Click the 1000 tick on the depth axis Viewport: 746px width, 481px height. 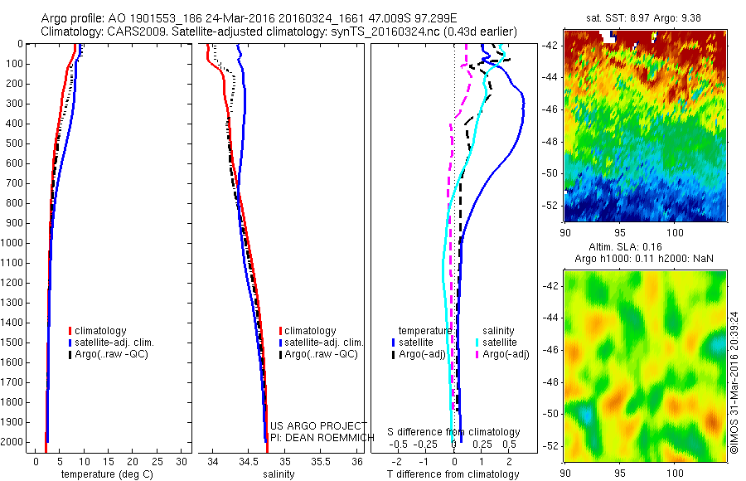click(14, 243)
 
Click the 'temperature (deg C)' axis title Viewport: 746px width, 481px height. click(104, 474)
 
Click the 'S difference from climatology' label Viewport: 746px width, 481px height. click(454, 432)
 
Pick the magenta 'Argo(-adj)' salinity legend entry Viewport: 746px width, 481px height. click(506, 354)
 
